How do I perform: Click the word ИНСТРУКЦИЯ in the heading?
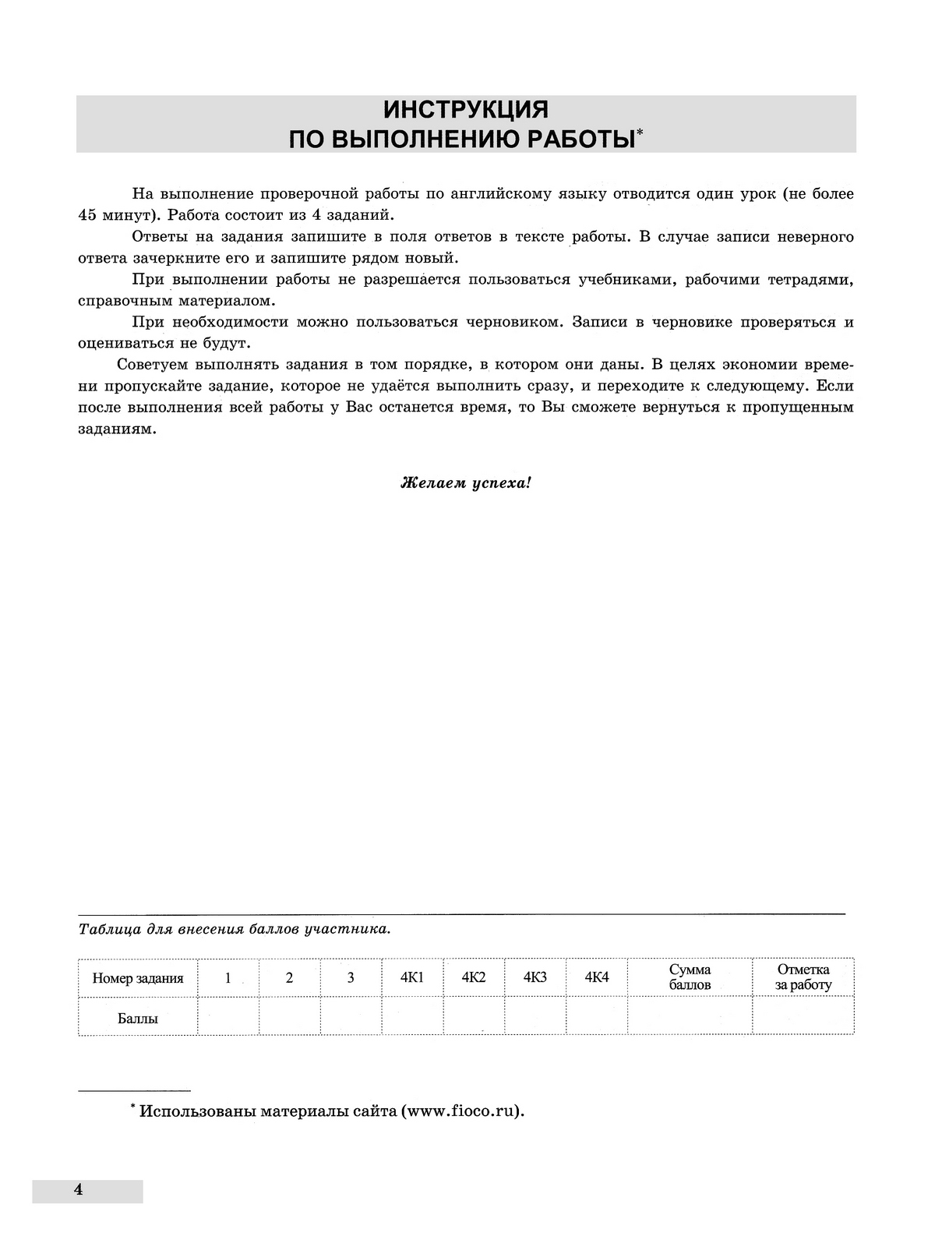466,109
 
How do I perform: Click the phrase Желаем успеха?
466,482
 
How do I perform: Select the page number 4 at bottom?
77,1189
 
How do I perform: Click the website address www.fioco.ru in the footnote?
460,1111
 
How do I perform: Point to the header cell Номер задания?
138,978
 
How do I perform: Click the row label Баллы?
138,1018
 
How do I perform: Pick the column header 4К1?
411,977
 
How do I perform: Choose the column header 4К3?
535,977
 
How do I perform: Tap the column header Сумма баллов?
690,977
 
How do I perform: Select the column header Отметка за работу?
803,977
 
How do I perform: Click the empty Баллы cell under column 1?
228,1017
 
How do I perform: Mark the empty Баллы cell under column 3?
351,1017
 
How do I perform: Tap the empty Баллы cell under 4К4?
596,1017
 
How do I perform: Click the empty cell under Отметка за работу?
803,1017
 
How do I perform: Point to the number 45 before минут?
88,215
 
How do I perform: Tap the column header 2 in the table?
289,977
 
